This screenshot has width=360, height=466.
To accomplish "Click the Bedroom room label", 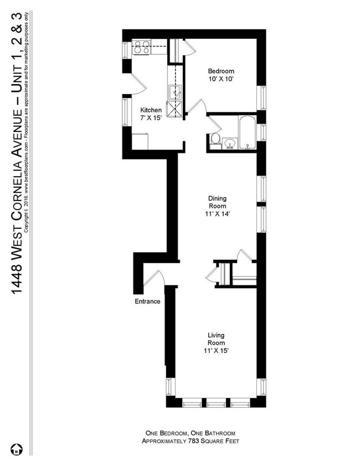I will [221, 71].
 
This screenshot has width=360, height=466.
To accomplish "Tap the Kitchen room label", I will [150, 110].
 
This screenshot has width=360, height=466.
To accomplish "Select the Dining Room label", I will [217, 202].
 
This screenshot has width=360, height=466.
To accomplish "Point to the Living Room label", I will [216, 339].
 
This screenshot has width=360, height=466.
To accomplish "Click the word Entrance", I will [147, 301].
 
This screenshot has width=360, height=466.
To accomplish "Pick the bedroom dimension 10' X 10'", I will [221, 79].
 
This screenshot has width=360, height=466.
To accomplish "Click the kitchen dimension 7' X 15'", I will [150, 118].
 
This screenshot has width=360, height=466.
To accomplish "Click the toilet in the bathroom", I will [216, 139].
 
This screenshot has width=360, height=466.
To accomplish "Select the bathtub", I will [246, 132].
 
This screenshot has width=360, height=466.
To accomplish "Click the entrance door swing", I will [155, 277].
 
